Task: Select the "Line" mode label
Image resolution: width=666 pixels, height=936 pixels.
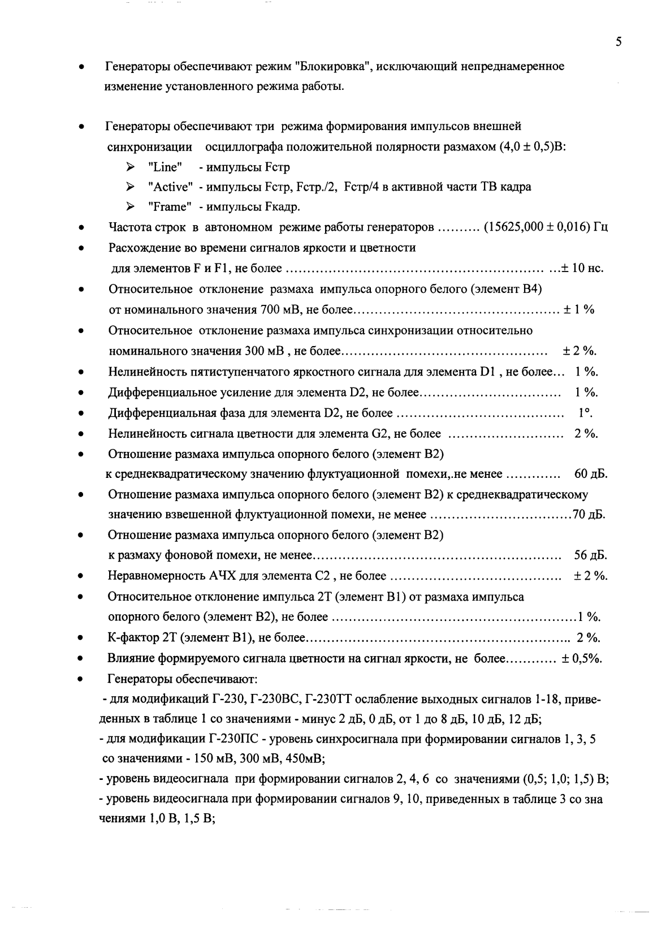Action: point(164,167)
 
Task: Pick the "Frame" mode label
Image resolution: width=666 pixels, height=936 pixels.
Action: point(167,207)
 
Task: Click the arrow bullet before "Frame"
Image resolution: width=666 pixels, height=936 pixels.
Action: point(131,207)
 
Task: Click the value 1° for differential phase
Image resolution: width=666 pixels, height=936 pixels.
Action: point(585,413)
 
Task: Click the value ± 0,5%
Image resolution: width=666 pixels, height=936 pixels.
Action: point(581,659)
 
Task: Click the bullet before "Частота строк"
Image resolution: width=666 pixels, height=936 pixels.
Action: point(83,228)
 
